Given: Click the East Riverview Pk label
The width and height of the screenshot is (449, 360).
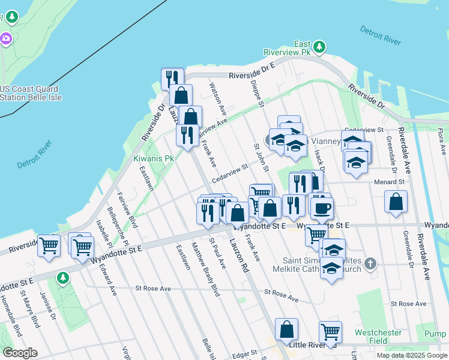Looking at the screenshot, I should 294,48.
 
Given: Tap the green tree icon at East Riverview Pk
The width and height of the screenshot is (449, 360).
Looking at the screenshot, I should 320,46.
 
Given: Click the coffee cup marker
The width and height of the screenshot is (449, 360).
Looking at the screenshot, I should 322,208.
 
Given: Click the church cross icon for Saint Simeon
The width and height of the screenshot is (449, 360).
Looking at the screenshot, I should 371,263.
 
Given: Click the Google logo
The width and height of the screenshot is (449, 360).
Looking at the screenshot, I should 20,353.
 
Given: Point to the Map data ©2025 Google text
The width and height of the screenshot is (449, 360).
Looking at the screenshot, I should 412,355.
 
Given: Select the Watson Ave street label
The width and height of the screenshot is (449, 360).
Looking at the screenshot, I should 217,100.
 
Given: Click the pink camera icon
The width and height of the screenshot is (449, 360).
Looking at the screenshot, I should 6,39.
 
